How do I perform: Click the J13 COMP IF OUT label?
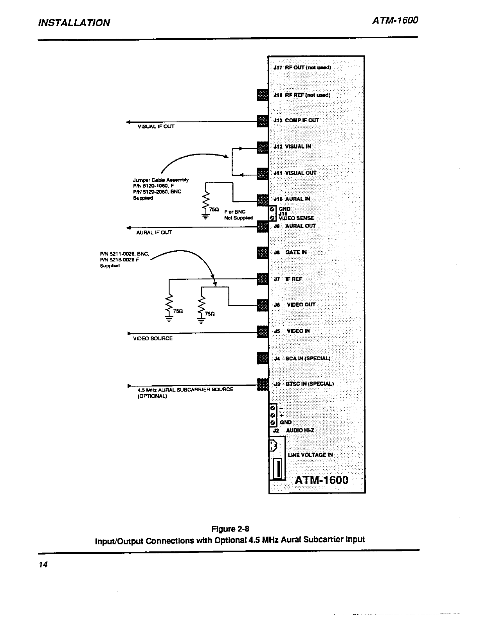(x=296, y=120)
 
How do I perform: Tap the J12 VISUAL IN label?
(x=292, y=147)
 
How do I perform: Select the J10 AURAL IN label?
(x=292, y=199)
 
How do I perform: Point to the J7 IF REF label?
(x=288, y=279)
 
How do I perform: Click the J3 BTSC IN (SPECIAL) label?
(x=304, y=384)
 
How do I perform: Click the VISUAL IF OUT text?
(x=156, y=127)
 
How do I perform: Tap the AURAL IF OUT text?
(x=154, y=233)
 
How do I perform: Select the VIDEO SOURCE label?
(x=153, y=338)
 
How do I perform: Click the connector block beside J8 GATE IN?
(x=262, y=252)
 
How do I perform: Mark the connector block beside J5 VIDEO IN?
(x=262, y=331)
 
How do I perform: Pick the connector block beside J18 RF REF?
(x=262, y=95)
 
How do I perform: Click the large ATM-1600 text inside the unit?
(x=321, y=480)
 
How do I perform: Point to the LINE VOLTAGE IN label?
(x=310, y=455)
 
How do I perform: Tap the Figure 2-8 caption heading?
(x=230, y=530)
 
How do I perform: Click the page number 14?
(x=43, y=565)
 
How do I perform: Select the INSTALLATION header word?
(x=74, y=23)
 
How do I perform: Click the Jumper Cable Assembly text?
(x=161, y=180)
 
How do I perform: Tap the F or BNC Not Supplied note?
(x=238, y=215)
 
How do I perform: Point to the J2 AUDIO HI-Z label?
(x=294, y=430)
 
